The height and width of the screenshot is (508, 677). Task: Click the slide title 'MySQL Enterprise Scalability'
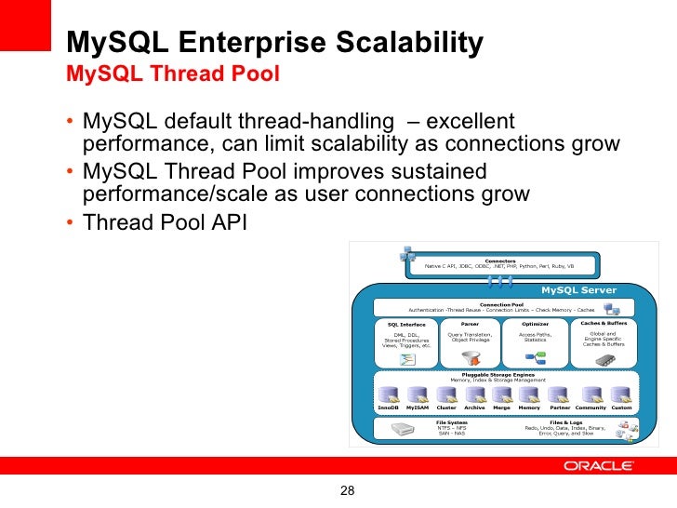coord(274,43)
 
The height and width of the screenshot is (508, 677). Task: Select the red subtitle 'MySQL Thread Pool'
coord(173,74)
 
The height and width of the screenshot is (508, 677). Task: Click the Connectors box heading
coord(500,261)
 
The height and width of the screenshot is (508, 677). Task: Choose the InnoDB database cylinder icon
coord(388,395)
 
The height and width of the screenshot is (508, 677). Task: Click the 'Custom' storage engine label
coord(621,408)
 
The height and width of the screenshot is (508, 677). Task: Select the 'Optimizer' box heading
coord(535,324)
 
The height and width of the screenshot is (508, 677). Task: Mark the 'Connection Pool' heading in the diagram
coord(501,304)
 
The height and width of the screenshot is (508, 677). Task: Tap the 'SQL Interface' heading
coord(405,325)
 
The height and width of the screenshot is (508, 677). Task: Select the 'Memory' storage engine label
coord(529,408)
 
